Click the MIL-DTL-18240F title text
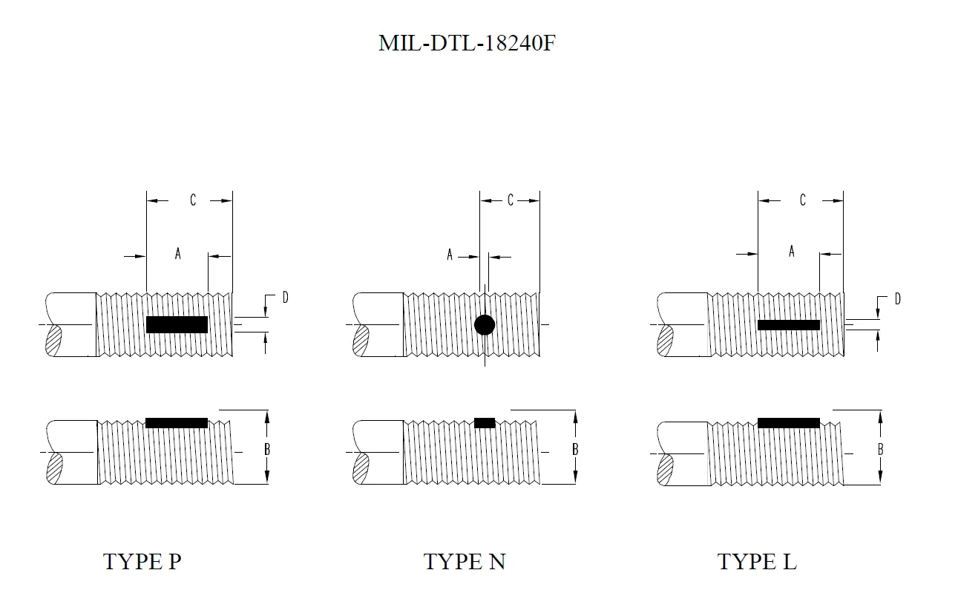point(467,43)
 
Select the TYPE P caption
point(142,562)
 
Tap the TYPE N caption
point(465,562)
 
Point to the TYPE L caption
point(757,562)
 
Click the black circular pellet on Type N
point(485,324)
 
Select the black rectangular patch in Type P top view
point(177,324)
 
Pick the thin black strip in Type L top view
point(788,324)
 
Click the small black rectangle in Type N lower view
point(485,423)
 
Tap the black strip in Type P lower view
point(177,423)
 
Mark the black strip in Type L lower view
point(788,423)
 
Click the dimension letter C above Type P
point(193,200)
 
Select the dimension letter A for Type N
point(450,255)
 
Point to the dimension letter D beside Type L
point(897,299)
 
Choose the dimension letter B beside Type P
point(267,449)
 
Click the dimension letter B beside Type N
point(575,449)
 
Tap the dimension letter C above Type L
point(803,200)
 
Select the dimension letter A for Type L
point(792,252)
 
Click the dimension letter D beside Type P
point(285,298)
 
